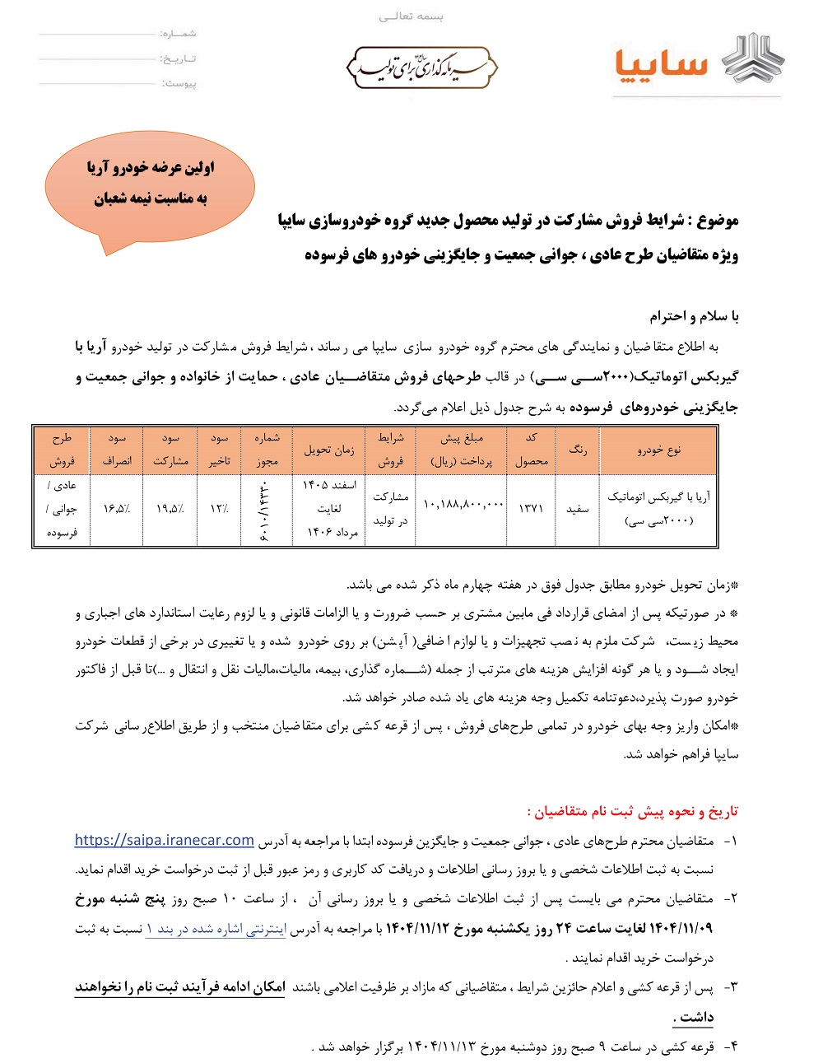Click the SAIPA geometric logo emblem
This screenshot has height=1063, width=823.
click(x=752, y=59)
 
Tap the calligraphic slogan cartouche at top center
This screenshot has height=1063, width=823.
click(x=421, y=67)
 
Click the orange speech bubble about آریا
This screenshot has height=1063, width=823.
click(x=150, y=186)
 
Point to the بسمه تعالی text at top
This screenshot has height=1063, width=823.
click(x=411, y=16)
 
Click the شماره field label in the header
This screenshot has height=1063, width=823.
click(x=179, y=34)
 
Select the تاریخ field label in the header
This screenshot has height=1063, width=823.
click(x=179, y=58)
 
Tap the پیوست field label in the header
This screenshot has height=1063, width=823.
click(x=179, y=83)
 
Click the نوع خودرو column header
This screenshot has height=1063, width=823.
click(x=658, y=450)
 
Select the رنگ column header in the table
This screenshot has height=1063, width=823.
click(x=578, y=450)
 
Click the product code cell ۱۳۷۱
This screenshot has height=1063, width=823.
click(x=531, y=508)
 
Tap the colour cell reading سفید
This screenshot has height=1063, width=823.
click(x=578, y=509)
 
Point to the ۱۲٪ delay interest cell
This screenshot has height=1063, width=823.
click(x=219, y=509)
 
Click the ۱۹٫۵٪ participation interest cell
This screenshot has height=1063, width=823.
click(x=170, y=509)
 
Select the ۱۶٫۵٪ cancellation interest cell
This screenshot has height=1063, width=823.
click(x=117, y=509)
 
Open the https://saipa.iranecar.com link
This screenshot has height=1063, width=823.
click(x=165, y=841)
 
